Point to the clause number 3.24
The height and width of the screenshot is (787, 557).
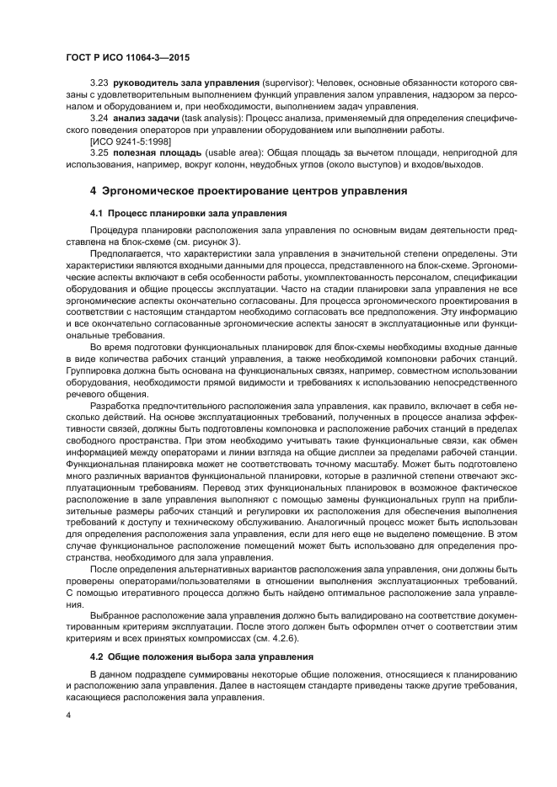[x=99, y=120]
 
